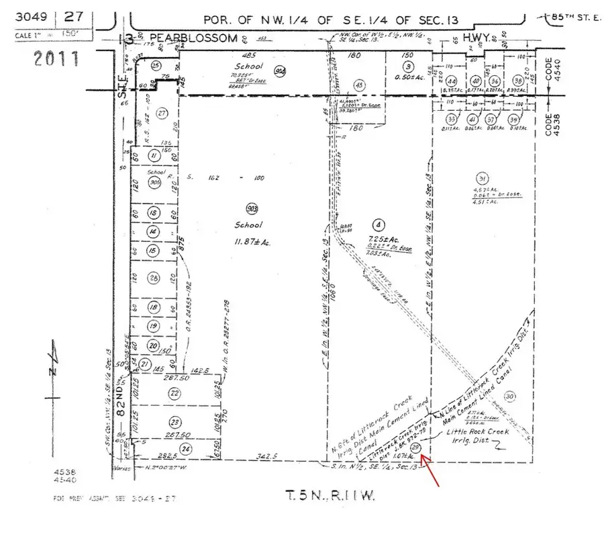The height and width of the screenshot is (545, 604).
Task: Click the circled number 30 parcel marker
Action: (511, 395)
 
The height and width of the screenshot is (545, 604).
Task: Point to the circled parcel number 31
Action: (481, 178)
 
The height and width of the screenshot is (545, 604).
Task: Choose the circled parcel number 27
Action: (161, 114)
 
